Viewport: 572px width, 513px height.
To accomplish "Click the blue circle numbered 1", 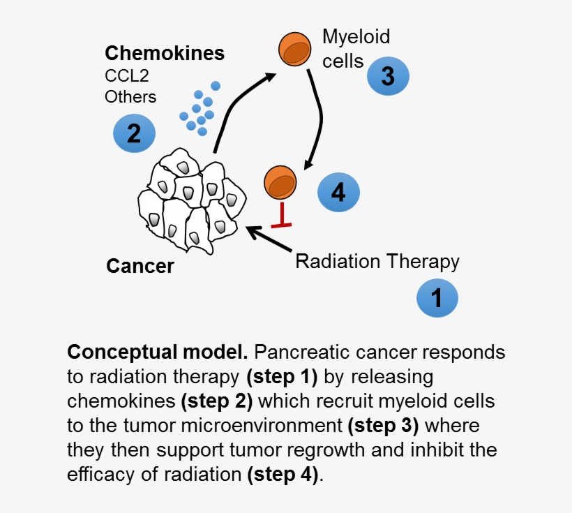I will point(437,299).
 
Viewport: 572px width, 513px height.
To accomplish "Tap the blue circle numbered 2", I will point(134,133).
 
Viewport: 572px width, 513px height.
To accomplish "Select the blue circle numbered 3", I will point(388,76).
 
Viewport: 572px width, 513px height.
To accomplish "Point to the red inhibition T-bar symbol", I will point(280,216).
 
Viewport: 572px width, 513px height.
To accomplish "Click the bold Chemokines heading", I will point(165,53).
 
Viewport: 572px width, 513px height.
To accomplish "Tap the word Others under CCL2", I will point(130,96).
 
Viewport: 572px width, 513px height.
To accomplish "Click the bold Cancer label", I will point(140,266).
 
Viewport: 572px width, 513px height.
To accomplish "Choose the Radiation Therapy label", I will point(377,261).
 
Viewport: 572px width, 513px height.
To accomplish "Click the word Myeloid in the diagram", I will point(356,36).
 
